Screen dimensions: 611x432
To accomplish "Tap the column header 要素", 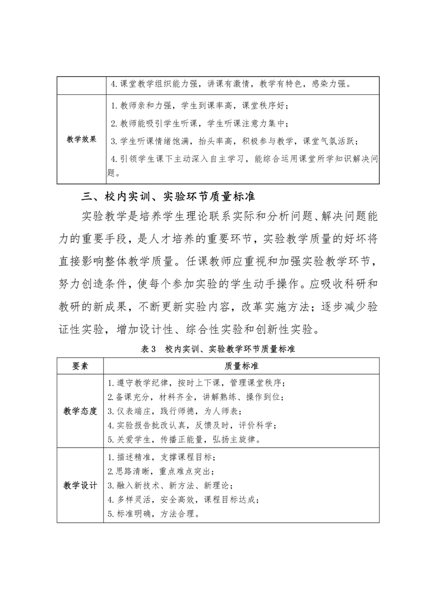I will click(x=80, y=365).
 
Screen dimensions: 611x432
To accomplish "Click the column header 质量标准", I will click(x=241, y=365).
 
